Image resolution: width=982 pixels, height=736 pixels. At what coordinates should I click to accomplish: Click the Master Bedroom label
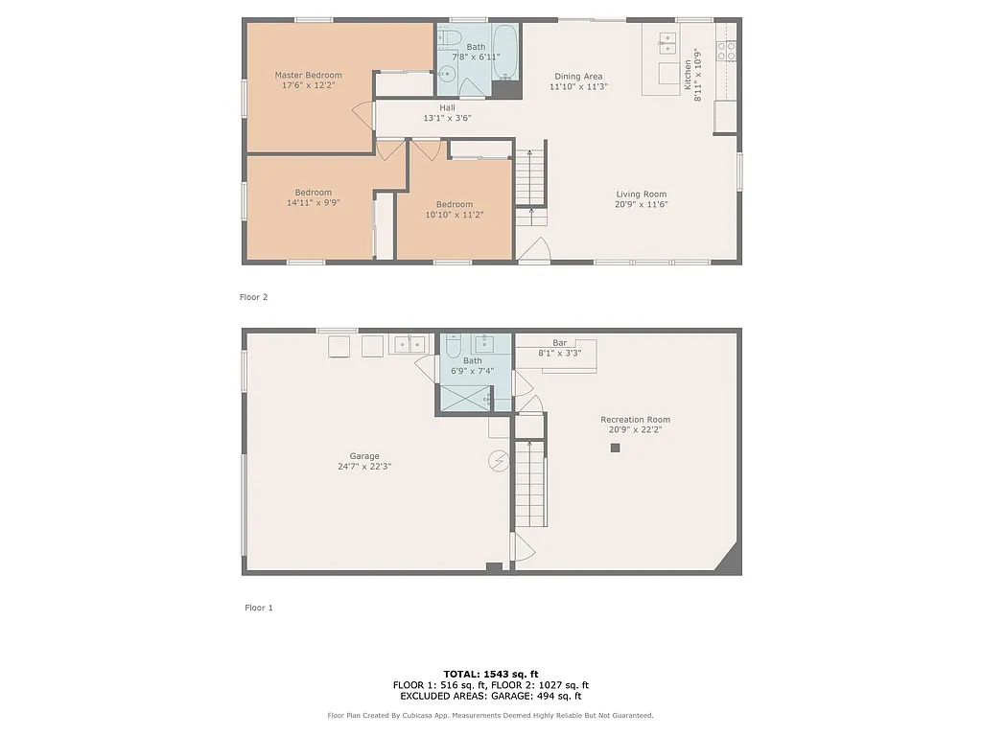(308, 75)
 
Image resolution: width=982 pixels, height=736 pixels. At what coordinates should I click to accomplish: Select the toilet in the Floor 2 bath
(449, 39)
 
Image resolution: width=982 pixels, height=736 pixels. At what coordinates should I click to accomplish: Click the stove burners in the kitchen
(727, 50)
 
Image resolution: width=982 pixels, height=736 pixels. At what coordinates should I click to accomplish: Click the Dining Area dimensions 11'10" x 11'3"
(578, 87)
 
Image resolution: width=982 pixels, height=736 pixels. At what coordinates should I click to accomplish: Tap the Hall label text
(447, 107)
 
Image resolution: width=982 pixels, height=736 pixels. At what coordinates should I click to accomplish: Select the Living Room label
(641, 194)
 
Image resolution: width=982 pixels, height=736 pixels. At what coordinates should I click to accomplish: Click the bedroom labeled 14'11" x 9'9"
(313, 202)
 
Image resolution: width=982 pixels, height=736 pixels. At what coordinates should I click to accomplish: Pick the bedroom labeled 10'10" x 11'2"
(454, 215)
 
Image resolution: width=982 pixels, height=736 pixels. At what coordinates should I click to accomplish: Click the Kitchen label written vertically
(688, 76)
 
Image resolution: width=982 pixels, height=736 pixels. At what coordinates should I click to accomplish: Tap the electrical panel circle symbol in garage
(498, 461)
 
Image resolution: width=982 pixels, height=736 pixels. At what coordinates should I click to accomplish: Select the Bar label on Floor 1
(559, 342)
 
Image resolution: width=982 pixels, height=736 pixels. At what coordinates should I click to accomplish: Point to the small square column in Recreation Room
(616, 448)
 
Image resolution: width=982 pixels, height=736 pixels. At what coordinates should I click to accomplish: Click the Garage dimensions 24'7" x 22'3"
(364, 467)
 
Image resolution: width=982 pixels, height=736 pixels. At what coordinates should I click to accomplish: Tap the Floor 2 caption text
(253, 297)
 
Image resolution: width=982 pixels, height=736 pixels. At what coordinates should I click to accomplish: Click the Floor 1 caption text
(258, 608)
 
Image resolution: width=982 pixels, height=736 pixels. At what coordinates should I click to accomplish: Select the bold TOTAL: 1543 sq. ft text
(490, 674)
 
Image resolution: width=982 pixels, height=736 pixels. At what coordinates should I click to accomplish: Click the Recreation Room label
(635, 419)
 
